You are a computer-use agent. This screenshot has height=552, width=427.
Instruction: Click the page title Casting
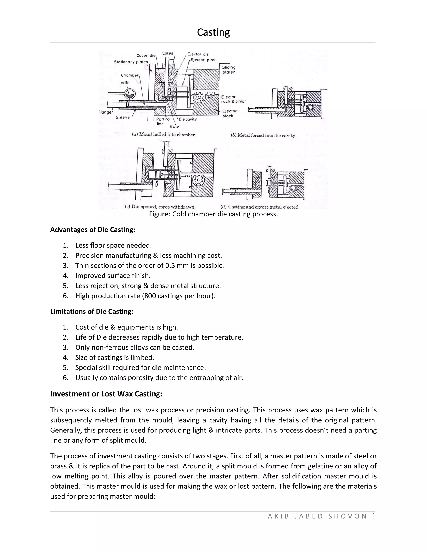coord(213,32)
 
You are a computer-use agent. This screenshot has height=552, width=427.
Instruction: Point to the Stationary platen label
coord(131,62)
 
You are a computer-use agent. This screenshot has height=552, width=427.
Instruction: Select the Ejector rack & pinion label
coord(234,99)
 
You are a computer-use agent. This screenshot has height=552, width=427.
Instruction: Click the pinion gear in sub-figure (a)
coord(200,97)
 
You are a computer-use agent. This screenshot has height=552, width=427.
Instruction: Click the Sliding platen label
coord(229,70)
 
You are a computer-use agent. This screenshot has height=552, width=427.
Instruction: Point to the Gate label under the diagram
coord(174,127)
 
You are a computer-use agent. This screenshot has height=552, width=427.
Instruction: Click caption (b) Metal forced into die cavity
coord(263,135)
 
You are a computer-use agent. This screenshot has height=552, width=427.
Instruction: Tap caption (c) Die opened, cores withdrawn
coord(160,207)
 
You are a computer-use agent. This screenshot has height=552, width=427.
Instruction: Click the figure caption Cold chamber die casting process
coord(213,214)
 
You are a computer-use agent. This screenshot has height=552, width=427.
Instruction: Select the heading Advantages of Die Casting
coord(93,230)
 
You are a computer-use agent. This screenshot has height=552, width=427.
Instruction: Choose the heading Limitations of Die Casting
coord(92,311)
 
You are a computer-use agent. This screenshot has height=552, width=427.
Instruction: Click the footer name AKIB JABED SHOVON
coord(317,516)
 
